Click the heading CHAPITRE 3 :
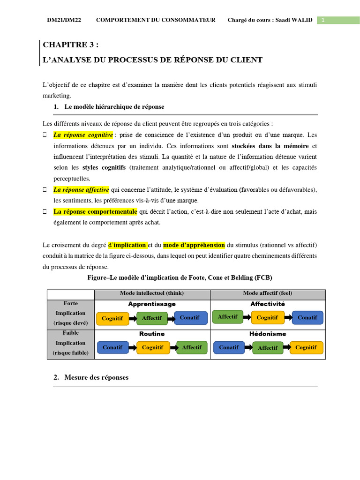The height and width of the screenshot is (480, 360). [71, 45]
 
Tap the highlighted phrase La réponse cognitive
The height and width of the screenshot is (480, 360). [83, 135]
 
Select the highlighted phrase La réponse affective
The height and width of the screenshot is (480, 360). [81, 190]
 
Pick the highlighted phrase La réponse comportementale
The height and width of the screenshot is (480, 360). [95, 211]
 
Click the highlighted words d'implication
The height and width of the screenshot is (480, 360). [127, 245]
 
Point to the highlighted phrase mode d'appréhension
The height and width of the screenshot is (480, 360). [194, 245]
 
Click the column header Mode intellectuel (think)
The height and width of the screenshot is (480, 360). [152, 293]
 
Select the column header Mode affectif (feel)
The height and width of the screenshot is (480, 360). [267, 293]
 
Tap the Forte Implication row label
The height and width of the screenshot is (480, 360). [71, 313]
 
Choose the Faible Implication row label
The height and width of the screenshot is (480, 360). [71, 343]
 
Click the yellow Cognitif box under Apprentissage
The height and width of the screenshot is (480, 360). [112, 318]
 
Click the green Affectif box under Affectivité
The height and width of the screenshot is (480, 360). [228, 317]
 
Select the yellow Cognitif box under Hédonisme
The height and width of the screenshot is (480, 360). [306, 347]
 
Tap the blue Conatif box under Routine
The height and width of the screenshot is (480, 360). [112, 347]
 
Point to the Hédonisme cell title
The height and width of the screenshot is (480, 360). [268, 334]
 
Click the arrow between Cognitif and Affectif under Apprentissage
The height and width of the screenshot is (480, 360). [133, 318]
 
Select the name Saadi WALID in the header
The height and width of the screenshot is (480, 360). [293, 20]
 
